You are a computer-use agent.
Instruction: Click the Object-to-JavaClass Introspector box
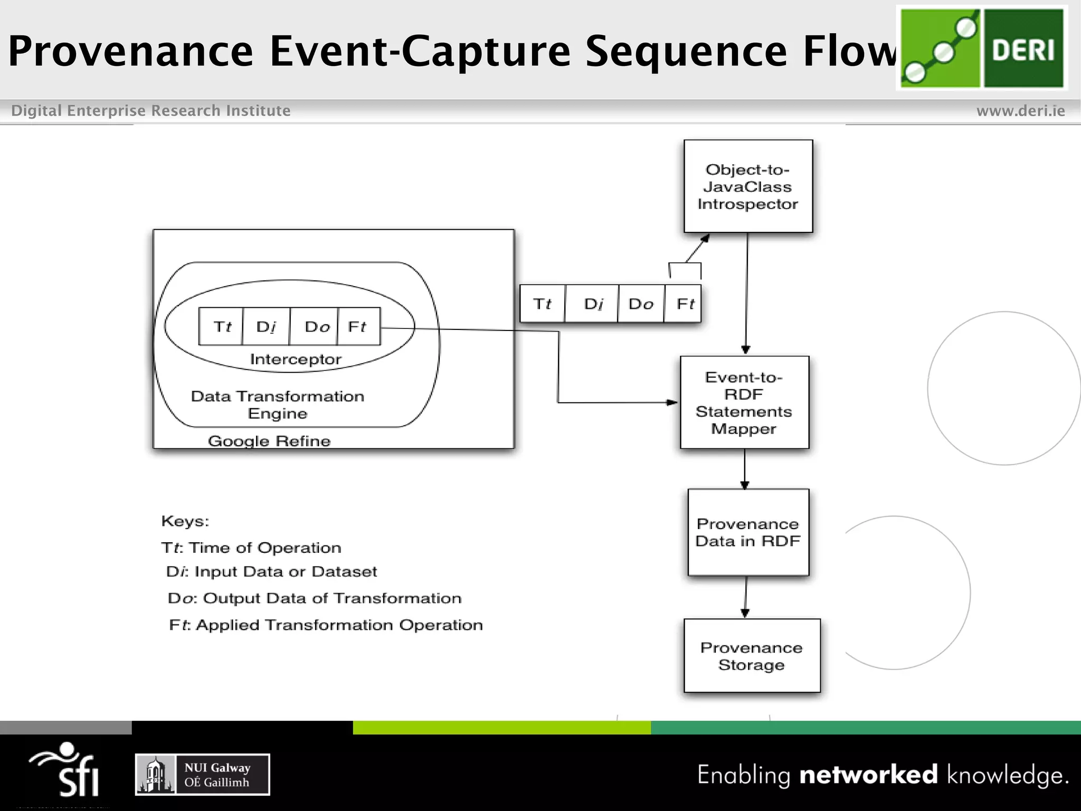[748, 186]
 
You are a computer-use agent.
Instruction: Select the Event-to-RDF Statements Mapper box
[744, 402]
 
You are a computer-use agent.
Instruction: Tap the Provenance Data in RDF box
[748, 532]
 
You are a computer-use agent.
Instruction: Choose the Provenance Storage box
[752, 656]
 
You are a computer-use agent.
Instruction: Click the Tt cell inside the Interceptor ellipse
[221, 326]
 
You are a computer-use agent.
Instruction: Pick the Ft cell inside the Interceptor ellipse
[358, 326]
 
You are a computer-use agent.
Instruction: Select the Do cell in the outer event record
[641, 304]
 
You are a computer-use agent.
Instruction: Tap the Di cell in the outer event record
[593, 304]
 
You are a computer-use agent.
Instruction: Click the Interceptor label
[296, 360]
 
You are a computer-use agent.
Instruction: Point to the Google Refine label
[269, 441]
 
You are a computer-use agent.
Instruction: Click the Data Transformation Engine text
[278, 404]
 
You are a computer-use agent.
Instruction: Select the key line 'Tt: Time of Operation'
[251, 548]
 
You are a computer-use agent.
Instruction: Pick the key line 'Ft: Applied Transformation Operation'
[326, 625]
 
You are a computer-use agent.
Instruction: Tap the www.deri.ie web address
[1020, 111]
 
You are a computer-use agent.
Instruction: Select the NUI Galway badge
[203, 775]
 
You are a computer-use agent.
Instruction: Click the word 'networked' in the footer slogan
[868, 775]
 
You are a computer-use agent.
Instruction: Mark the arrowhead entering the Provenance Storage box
[745, 613]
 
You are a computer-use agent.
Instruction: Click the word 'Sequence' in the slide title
[686, 51]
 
